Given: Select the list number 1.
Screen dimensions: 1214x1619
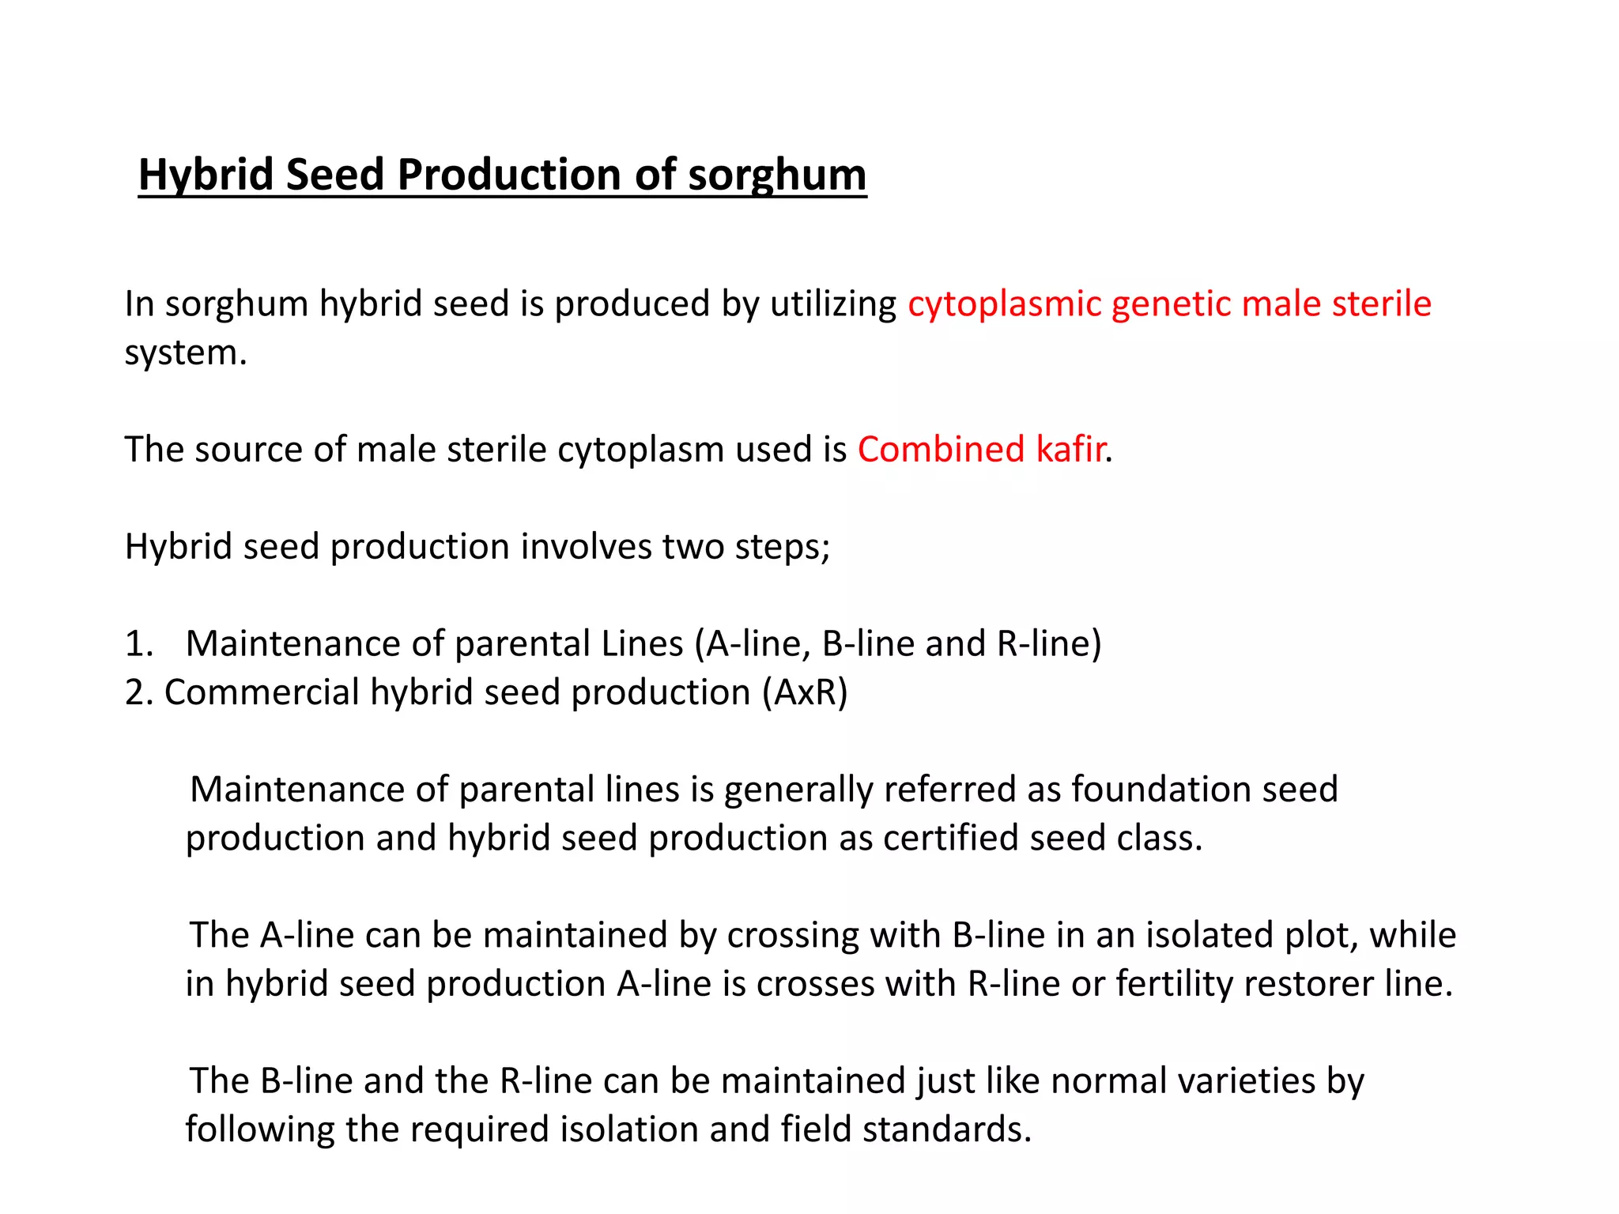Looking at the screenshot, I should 138,644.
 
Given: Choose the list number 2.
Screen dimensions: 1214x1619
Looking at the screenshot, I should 138,693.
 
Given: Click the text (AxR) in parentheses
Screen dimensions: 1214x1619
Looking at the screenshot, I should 805,693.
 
